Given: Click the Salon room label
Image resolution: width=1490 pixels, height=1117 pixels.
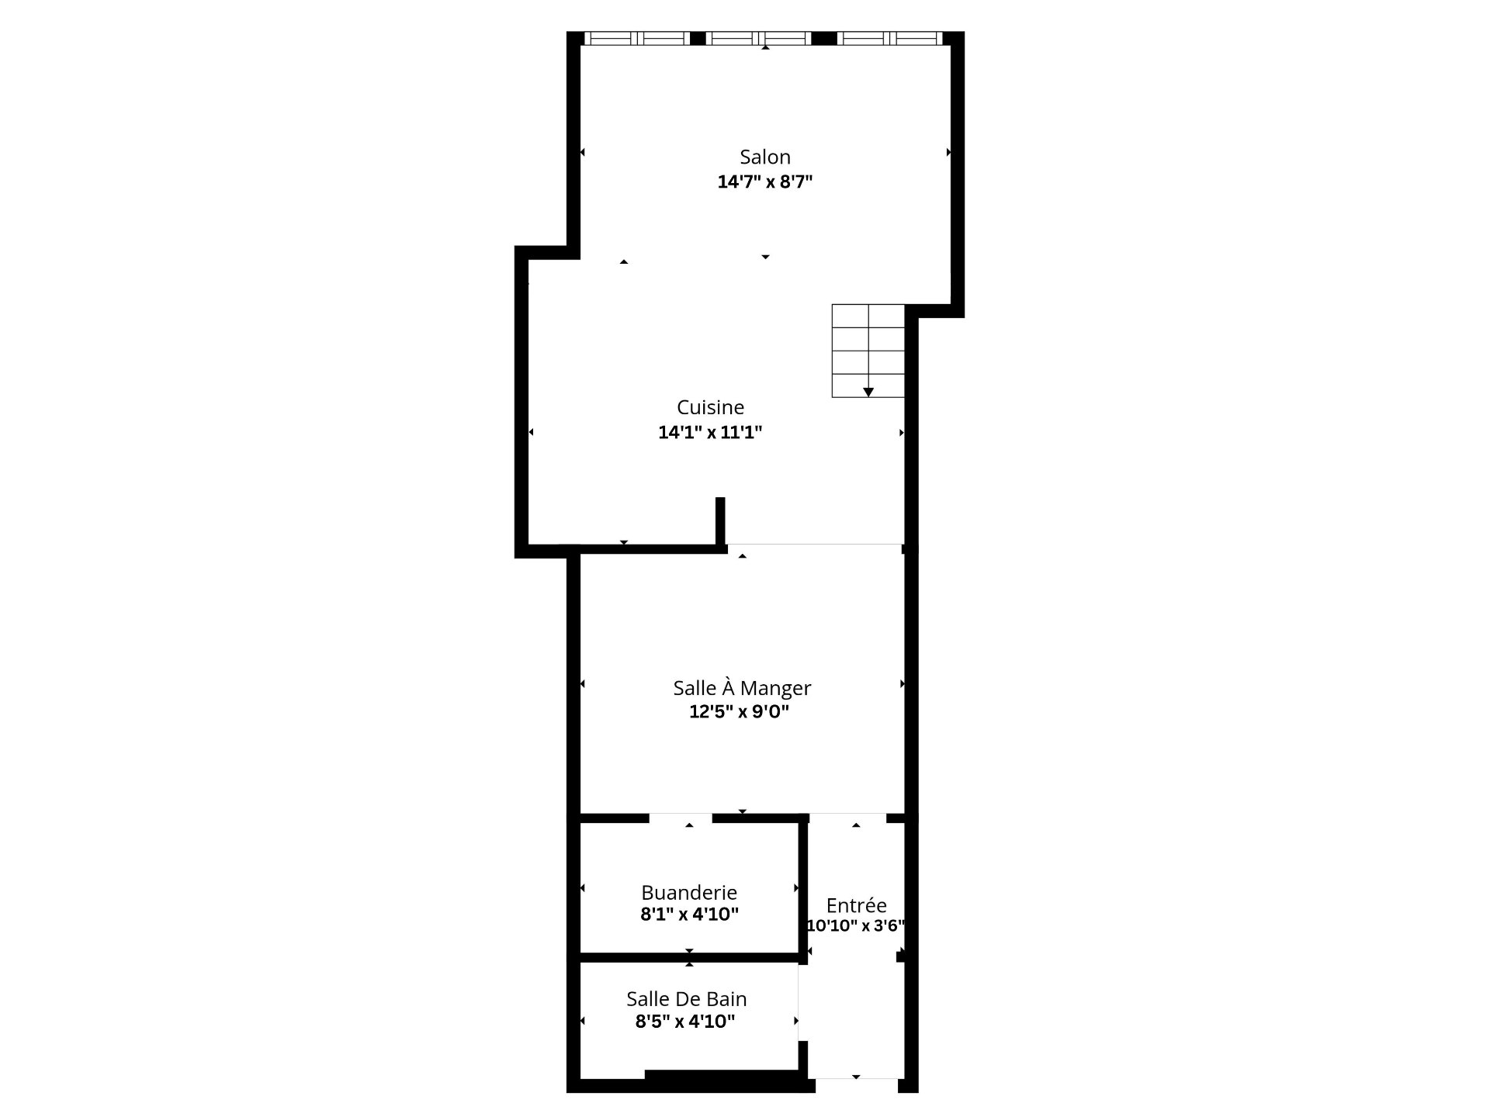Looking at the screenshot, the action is point(765,157).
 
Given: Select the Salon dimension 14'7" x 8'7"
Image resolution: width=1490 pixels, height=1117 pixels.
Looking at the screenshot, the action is point(765,182).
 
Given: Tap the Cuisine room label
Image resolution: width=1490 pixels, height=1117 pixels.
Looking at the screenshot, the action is point(710,407).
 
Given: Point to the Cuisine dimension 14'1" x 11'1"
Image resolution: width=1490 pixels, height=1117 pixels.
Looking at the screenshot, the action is point(710,433).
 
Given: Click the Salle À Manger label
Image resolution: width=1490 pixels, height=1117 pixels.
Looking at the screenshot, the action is point(742,687).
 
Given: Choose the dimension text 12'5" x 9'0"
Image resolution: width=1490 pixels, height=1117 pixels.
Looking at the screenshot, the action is point(739,712).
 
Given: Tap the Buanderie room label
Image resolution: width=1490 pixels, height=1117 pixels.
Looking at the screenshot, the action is point(689,892).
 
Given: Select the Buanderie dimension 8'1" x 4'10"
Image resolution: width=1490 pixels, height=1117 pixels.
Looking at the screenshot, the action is point(689,915).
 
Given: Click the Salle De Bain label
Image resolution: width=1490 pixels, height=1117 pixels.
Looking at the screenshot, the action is point(687,999).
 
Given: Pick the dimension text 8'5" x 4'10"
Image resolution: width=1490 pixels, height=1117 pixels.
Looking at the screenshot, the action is point(685,1022).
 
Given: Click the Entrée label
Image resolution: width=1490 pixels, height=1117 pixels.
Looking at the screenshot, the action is point(857,905).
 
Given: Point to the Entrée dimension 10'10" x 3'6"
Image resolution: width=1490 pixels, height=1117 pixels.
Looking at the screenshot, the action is point(856,925).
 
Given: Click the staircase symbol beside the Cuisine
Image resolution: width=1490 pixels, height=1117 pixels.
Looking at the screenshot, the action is point(868,351).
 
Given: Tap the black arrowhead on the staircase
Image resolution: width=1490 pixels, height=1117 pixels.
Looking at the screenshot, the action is point(868,393).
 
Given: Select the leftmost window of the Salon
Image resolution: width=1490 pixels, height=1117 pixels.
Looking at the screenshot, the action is point(637,38).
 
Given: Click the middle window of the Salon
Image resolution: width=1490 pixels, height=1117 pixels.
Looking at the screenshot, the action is point(759,38).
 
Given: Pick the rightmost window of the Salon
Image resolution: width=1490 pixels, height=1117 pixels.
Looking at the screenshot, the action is point(890,38).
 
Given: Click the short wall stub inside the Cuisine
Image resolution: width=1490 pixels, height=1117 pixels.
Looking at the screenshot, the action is point(720,520).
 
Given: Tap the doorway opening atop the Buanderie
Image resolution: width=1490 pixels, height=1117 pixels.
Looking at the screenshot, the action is point(681,818).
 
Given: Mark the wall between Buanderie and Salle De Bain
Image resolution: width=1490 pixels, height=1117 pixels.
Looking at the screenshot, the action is point(690,957).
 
